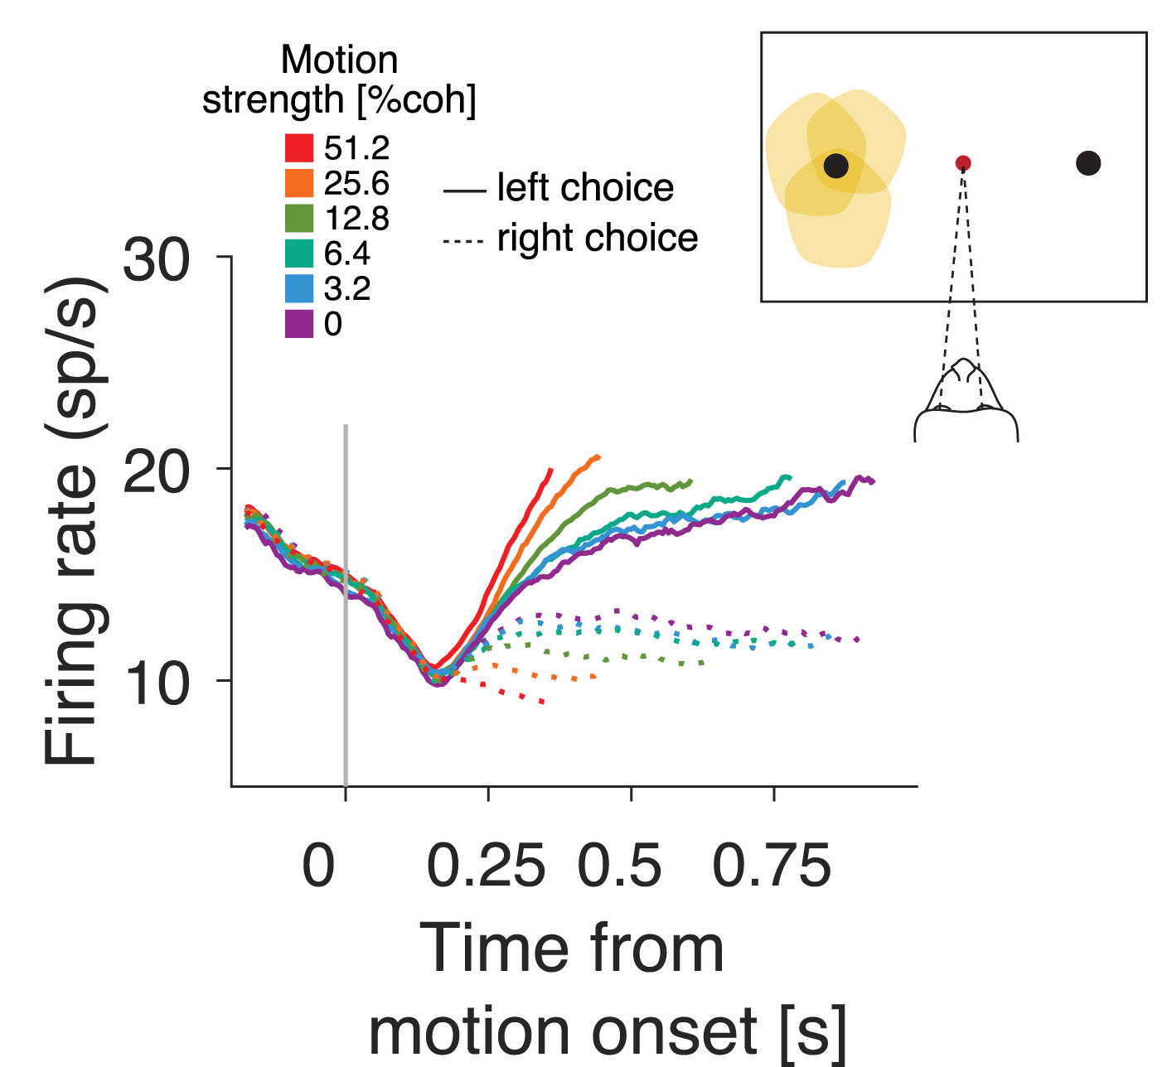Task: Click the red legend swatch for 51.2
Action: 299,148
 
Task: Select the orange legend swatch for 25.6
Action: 299,183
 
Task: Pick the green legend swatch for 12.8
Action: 299,218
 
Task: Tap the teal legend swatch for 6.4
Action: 299,253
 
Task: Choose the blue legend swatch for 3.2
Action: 299,288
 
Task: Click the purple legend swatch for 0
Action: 299,324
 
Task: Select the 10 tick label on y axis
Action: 157,683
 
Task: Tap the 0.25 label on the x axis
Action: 486,867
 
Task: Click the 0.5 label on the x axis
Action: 619,867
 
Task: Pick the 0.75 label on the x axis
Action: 772,867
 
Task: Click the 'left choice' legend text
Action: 585,188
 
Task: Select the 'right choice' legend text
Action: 598,239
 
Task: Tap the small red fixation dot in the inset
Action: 963,163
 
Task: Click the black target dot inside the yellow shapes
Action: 836,166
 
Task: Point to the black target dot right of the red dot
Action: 1088,163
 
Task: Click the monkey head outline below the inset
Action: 966,402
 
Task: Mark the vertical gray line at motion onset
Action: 346,605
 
